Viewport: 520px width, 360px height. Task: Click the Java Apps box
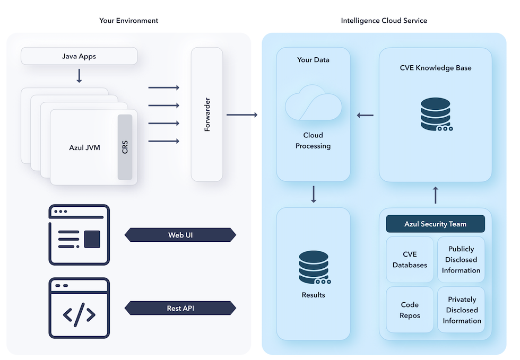[79, 56]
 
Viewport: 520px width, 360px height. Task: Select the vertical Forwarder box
[207, 115]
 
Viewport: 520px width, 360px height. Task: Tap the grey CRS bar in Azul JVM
[125, 147]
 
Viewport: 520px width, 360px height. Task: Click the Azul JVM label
[84, 147]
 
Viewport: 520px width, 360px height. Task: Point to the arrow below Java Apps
[79, 76]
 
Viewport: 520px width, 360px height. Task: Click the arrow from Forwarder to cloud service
[242, 115]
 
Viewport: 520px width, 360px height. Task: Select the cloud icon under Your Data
[314, 102]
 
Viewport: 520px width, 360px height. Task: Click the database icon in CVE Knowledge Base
[436, 114]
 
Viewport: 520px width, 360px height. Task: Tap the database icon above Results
[314, 267]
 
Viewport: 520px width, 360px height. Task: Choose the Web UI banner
[180, 235]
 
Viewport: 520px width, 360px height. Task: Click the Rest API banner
[180, 308]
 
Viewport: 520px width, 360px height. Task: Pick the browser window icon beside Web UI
[79, 235]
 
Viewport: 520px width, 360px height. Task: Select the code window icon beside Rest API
[79, 308]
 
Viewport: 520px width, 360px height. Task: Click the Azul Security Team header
[435, 224]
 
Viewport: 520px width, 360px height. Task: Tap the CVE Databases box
[410, 260]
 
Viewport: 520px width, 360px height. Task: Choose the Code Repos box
[410, 310]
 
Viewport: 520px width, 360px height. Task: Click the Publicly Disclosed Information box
[461, 260]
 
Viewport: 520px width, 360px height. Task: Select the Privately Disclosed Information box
[461, 310]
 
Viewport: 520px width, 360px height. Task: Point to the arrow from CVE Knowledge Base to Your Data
[365, 116]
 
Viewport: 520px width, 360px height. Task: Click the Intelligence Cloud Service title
[384, 21]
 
